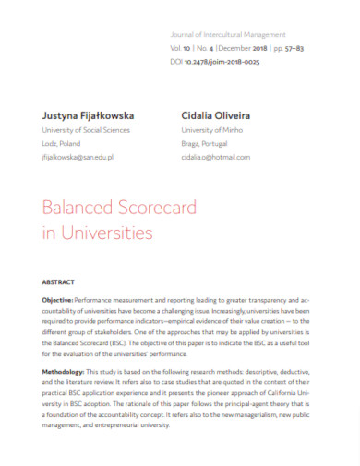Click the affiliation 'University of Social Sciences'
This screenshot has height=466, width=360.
click(x=84, y=130)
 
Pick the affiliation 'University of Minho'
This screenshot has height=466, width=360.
click(x=211, y=130)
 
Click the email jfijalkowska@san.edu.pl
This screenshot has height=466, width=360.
click(x=78, y=158)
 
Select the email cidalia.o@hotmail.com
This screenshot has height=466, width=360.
click(x=215, y=158)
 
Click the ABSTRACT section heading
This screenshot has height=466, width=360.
click(x=59, y=281)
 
